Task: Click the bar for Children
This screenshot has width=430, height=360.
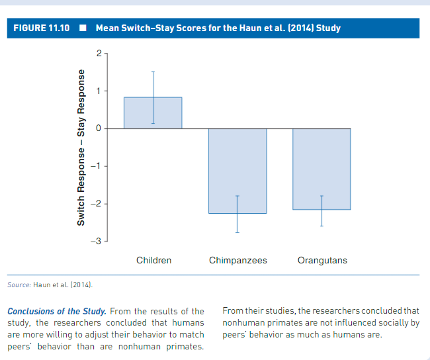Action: [x=153, y=112]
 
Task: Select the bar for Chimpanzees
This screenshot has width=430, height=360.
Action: [x=237, y=171]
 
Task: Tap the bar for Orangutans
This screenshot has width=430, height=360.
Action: [x=322, y=169]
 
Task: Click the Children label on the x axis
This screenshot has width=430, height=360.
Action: [x=153, y=260]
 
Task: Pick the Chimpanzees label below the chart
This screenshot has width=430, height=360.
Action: [x=237, y=260]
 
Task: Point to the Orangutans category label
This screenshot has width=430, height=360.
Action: [x=322, y=260]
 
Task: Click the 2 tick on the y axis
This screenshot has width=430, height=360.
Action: [x=97, y=53]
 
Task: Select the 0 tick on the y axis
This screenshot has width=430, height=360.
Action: [x=97, y=128]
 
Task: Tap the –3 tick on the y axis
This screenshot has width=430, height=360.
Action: [x=95, y=240]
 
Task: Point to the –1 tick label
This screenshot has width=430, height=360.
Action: [x=95, y=165]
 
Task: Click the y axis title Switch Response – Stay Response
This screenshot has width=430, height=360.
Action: [x=81, y=147]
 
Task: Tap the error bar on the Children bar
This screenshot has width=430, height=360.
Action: [x=153, y=97]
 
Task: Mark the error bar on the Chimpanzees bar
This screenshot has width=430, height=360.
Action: [x=237, y=214]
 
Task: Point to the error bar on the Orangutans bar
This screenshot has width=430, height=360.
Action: [x=322, y=210]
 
